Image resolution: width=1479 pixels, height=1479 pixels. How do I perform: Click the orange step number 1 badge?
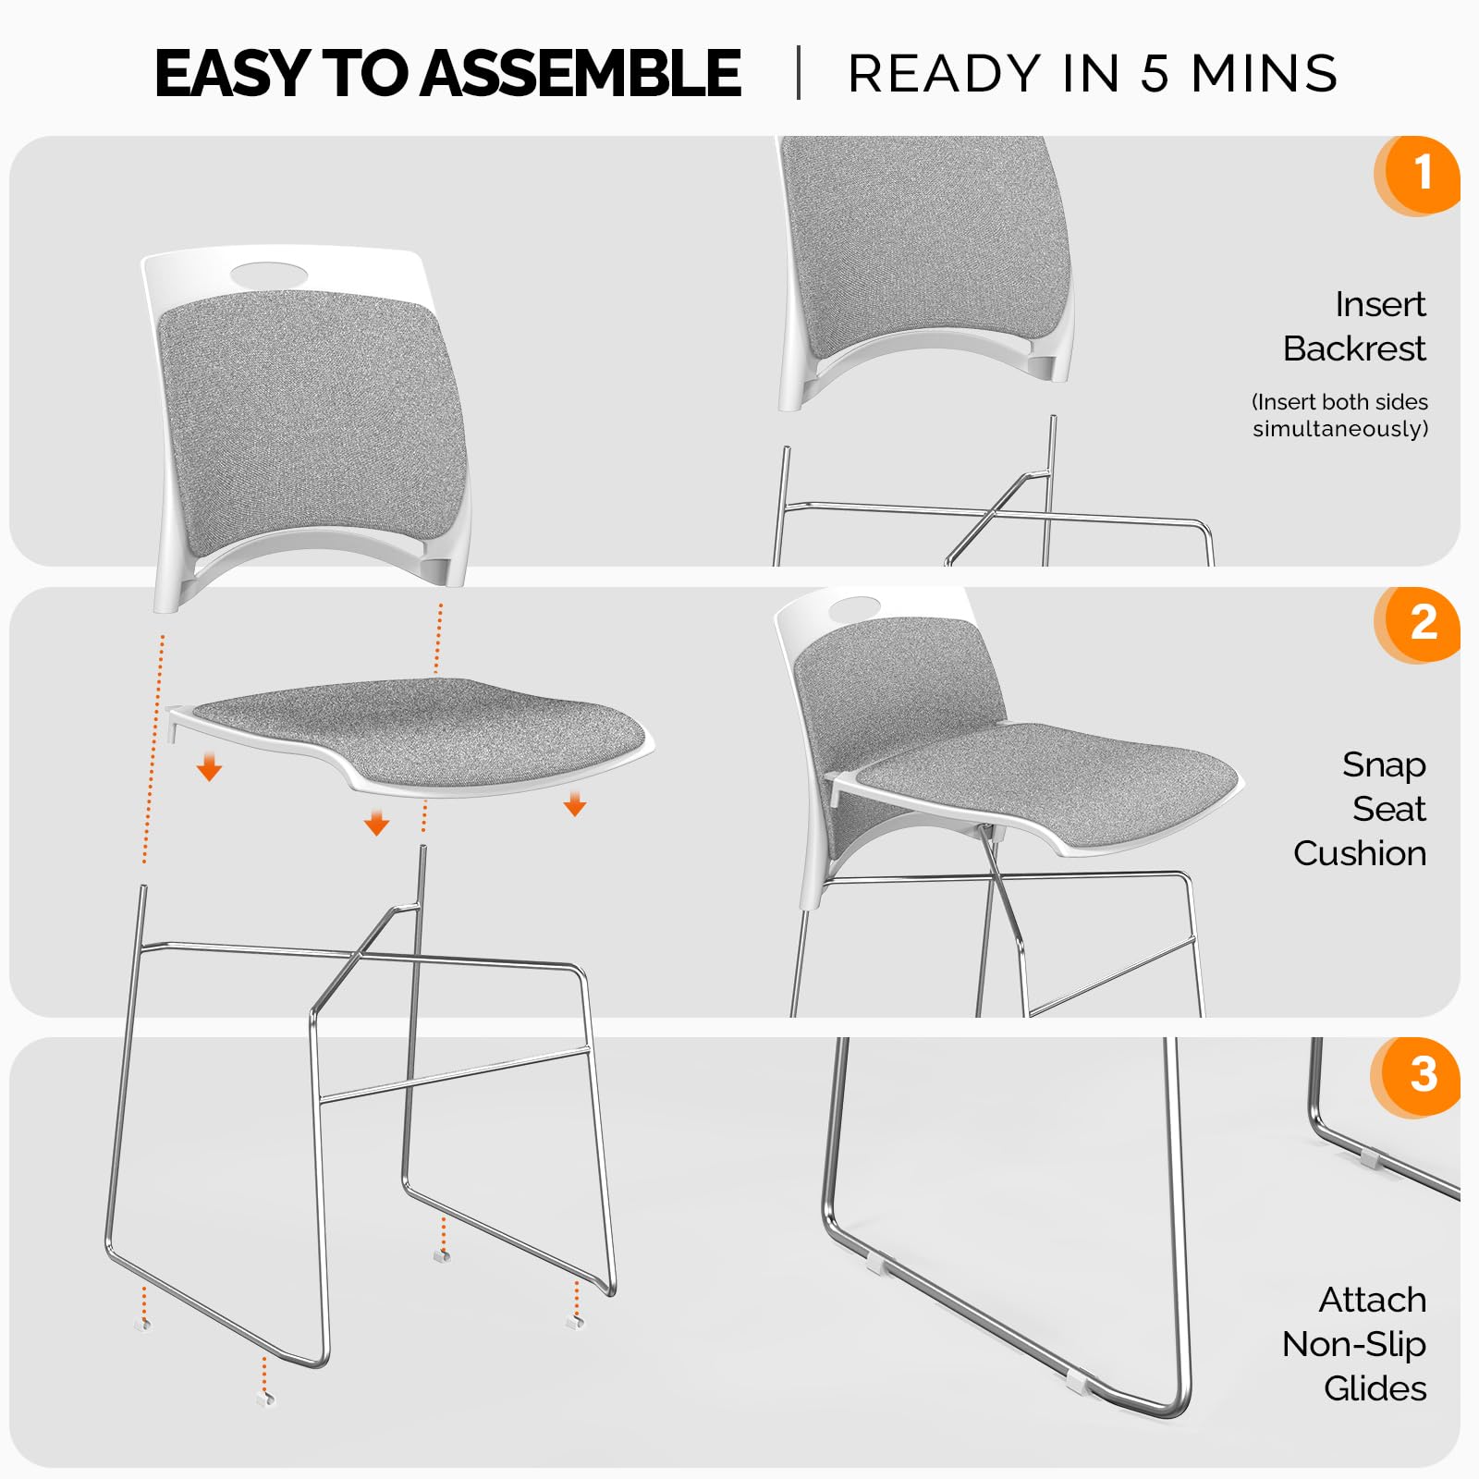tap(1420, 174)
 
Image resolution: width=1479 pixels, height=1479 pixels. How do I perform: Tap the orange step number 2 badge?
tap(1420, 623)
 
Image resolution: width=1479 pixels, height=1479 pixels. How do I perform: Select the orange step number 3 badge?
tap(1420, 1075)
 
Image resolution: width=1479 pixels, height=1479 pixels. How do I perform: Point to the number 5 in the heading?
tap(1155, 74)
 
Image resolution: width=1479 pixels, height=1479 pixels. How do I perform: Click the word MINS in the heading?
tap(1264, 74)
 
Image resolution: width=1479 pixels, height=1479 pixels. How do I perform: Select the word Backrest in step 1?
tap(1354, 348)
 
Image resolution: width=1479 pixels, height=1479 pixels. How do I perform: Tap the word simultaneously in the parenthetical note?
tap(1340, 429)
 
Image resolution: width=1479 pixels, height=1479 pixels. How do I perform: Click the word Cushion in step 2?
tap(1360, 853)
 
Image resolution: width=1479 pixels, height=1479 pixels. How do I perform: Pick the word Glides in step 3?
tap(1375, 1388)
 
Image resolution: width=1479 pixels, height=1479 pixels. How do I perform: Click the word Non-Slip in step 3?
tap(1354, 1344)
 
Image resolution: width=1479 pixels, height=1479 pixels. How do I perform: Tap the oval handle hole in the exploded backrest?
tap(269, 274)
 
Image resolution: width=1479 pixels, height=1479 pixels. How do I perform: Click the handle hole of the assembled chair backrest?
tap(855, 610)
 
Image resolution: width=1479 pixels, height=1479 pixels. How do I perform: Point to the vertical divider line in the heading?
tap(799, 73)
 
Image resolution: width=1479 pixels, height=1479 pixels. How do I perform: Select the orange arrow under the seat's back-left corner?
tap(210, 767)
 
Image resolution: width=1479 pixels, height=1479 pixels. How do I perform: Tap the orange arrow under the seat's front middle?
tap(376, 823)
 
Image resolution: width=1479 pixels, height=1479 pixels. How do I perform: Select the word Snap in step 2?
tap(1384, 764)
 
